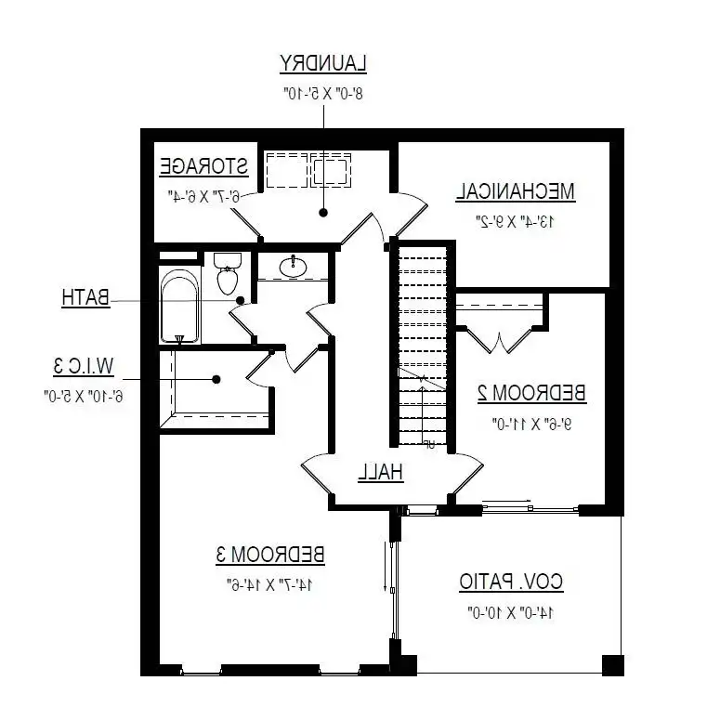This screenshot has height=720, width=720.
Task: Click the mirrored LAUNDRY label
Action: tap(323, 63)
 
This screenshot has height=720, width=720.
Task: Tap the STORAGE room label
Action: tap(203, 167)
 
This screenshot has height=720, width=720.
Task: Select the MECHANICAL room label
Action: tap(515, 192)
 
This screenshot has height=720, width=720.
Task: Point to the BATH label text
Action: tap(85, 298)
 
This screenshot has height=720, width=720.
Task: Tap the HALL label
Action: tap(381, 472)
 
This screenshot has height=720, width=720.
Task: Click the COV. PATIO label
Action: tap(511, 583)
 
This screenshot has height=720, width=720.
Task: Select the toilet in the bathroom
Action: tap(227, 273)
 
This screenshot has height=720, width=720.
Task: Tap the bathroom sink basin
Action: tap(294, 267)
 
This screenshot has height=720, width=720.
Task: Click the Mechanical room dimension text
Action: tap(515, 222)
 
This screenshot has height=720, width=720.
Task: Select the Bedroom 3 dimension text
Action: tap(269, 585)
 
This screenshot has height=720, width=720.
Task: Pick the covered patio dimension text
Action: tap(511, 613)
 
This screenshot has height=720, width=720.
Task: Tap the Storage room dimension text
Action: tap(203, 196)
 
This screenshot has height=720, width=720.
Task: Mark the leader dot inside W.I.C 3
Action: tap(216, 378)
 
